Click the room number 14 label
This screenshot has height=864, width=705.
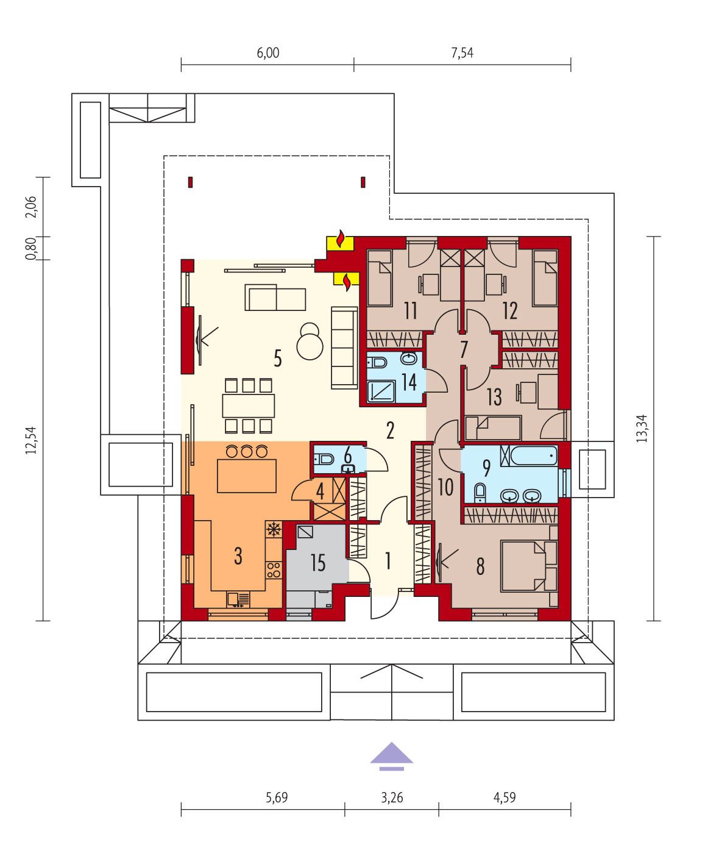tap(409, 382)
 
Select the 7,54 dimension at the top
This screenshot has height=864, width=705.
tap(462, 53)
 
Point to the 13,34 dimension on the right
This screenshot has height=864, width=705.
tap(642, 429)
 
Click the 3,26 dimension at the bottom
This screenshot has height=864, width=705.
tap(392, 797)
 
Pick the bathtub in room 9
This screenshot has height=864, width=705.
tap(528, 456)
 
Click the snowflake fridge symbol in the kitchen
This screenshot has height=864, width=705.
tap(274, 529)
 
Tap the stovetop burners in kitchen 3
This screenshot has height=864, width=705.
tap(274, 570)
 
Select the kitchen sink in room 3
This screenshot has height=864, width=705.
tap(238, 599)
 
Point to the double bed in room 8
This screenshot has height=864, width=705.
tap(529, 566)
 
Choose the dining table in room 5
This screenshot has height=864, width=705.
tap(248, 405)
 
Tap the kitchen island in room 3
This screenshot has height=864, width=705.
tap(246, 476)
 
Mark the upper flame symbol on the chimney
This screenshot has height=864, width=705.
tap(341, 240)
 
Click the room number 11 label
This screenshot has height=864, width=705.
tap(411, 310)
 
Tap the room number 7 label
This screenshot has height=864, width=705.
tap(464, 349)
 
